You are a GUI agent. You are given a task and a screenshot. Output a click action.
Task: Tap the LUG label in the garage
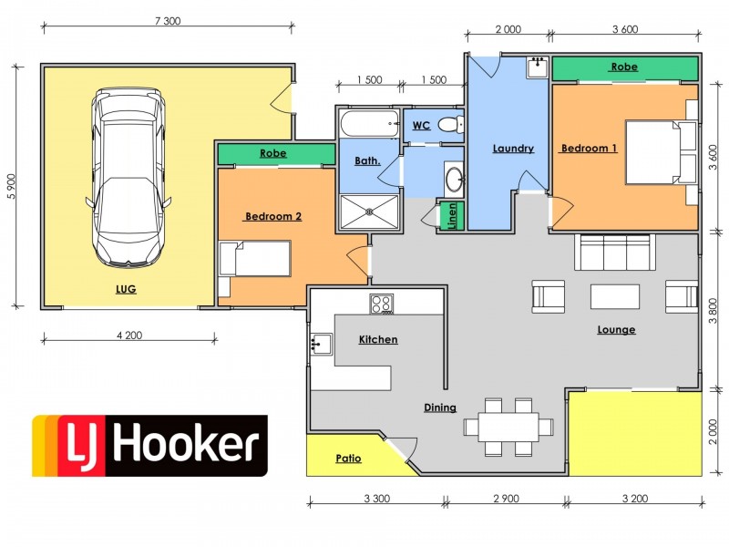(127, 289)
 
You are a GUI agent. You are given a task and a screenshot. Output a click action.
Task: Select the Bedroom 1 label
(589, 148)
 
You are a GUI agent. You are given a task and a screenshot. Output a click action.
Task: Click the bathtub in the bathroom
(369, 122)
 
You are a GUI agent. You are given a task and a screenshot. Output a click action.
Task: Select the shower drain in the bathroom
(370, 212)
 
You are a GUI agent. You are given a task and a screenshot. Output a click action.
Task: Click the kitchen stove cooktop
(381, 304)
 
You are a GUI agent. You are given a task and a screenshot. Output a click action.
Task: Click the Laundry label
(512, 149)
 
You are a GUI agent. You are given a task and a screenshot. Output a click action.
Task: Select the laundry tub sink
(536, 67)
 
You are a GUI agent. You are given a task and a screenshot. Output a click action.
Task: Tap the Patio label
(348, 459)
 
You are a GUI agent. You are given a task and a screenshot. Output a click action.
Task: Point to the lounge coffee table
(616, 297)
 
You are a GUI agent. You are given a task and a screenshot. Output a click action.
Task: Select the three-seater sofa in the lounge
(613, 252)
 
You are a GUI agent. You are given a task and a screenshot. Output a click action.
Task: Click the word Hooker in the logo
(187, 445)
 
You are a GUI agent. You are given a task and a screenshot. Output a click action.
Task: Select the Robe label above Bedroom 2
(273, 153)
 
